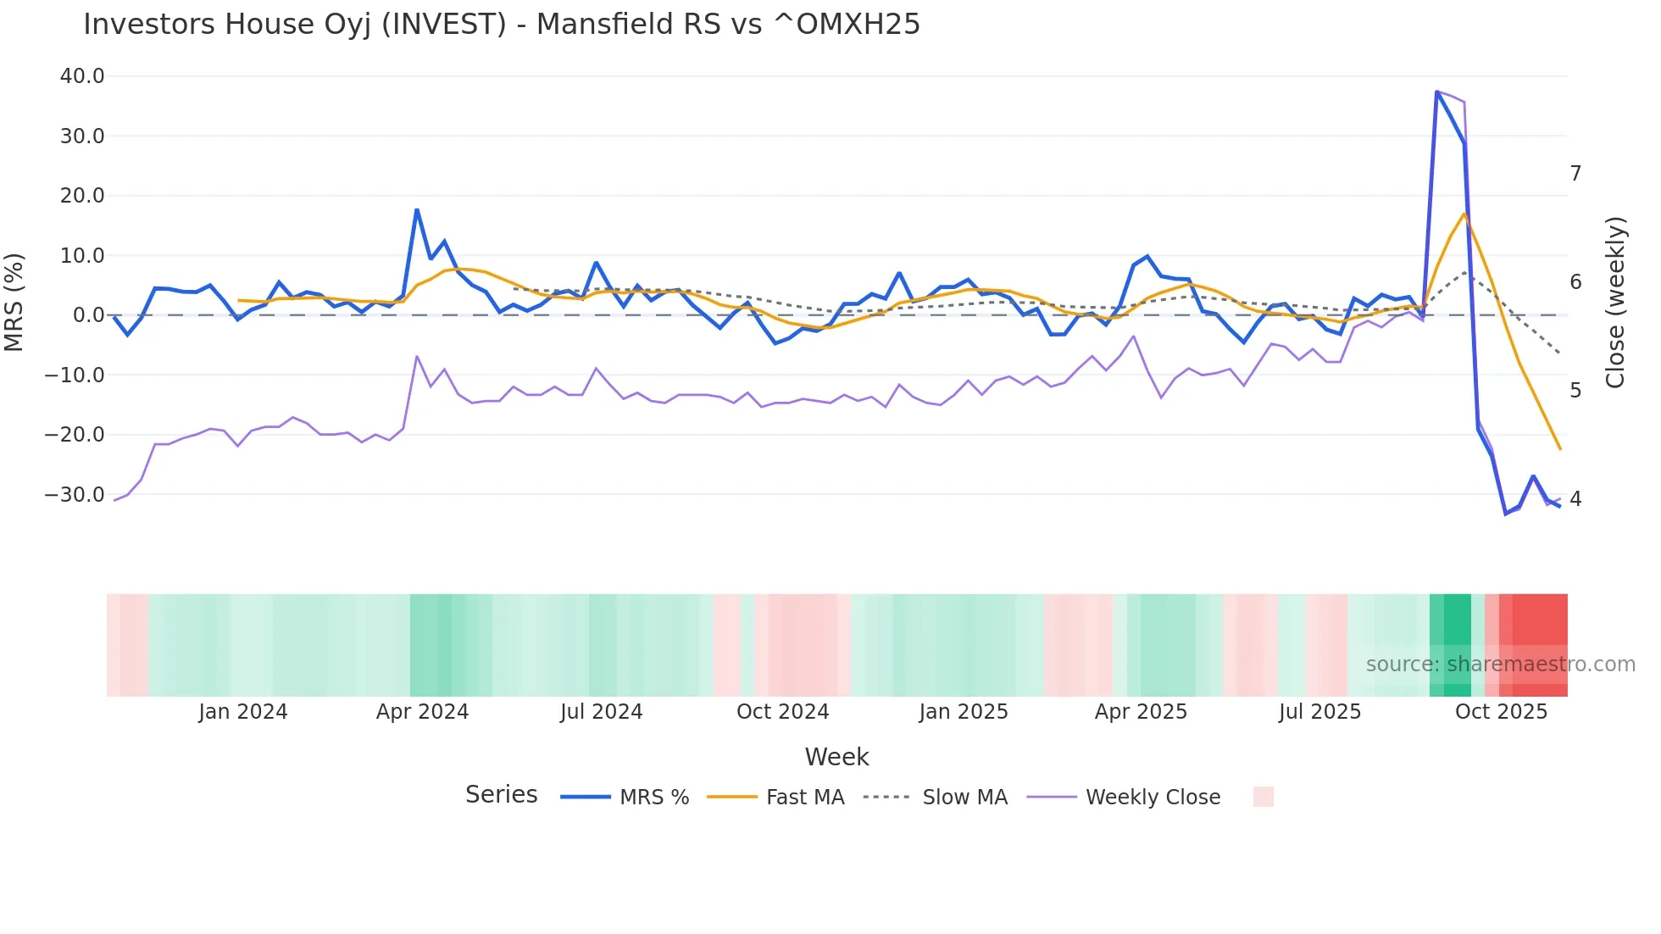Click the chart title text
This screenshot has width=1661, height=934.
(x=501, y=25)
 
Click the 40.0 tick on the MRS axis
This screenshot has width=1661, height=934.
(x=82, y=76)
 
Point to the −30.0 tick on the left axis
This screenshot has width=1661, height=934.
(x=75, y=494)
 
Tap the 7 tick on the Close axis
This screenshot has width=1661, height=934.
(x=1575, y=174)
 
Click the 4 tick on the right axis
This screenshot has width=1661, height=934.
(x=1575, y=499)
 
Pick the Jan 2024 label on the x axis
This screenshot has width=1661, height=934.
(x=243, y=712)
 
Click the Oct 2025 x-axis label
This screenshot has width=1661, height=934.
(x=1501, y=712)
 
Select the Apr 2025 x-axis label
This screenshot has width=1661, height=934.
(x=1141, y=712)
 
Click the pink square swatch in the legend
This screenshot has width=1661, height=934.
(x=1263, y=797)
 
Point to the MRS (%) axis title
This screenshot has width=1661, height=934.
(x=14, y=302)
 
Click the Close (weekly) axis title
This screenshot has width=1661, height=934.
(x=1616, y=302)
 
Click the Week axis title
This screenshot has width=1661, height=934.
(x=836, y=757)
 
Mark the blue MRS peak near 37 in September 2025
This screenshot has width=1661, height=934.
(x=1436, y=92)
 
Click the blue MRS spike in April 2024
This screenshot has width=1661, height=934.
(x=417, y=209)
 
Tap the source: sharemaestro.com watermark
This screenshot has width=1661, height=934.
(x=1500, y=664)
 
